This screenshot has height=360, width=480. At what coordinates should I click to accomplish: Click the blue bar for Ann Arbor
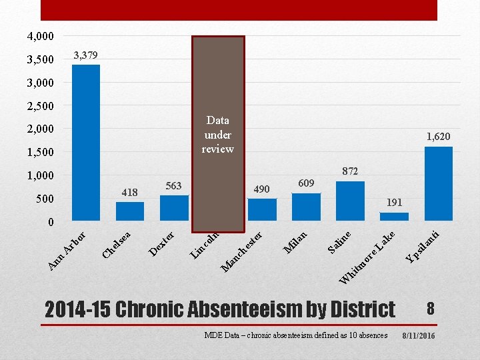pyautogui.click(x=86, y=143)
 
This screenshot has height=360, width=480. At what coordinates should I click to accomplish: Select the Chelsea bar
pyautogui.click(x=130, y=211)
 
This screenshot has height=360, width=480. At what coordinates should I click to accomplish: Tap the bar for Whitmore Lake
pyautogui.click(x=394, y=217)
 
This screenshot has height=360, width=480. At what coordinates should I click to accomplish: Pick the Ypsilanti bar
pyautogui.click(x=439, y=184)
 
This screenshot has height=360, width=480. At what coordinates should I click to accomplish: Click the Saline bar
pyautogui.click(x=350, y=201)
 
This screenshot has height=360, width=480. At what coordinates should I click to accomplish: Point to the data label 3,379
pyautogui.click(x=86, y=55)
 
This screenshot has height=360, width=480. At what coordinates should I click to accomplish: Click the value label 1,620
pyautogui.click(x=439, y=137)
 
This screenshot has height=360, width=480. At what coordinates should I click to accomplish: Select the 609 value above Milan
pyautogui.click(x=306, y=183)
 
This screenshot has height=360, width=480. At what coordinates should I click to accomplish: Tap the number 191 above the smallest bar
pyautogui.click(x=394, y=203)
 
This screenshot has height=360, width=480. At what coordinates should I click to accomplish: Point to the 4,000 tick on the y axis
pyautogui.click(x=41, y=36)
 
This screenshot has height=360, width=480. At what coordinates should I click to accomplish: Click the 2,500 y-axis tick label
pyautogui.click(x=41, y=106)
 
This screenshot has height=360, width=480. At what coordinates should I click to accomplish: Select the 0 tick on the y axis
pyautogui.click(x=51, y=222)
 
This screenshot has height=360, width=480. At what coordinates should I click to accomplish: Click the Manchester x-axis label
pyautogui.click(x=241, y=251)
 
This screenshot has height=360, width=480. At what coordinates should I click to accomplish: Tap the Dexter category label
pyautogui.click(x=161, y=244)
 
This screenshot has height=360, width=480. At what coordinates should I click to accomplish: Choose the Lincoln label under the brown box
pyautogui.click(x=205, y=245)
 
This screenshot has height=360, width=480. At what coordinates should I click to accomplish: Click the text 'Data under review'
pyautogui.click(x=217, y=135)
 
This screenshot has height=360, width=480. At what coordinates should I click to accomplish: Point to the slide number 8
pyautogui.click(x=431, y=309)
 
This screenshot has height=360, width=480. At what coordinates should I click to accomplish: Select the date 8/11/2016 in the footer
pyautogui.click(x=419, y=336)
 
